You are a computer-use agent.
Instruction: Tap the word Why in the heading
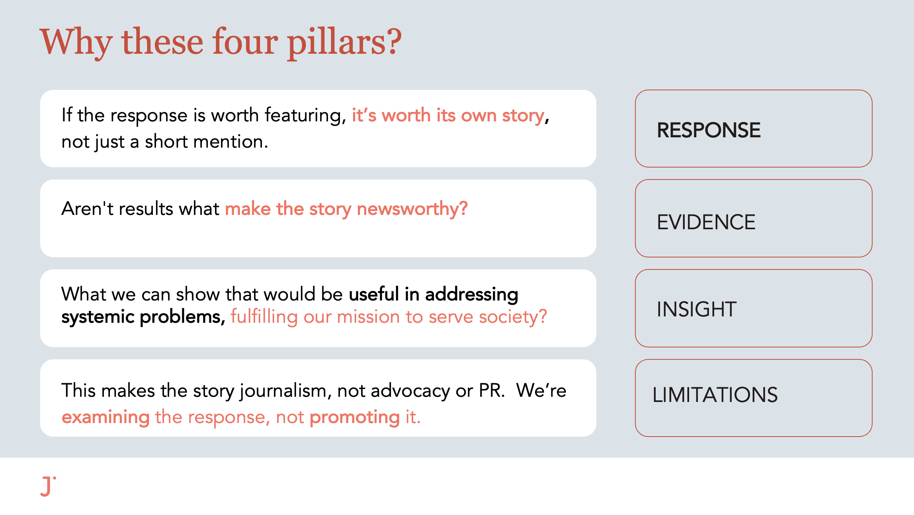pos(76,43)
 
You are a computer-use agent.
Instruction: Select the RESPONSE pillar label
pos(709,130)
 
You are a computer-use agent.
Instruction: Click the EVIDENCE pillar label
pos(706,222)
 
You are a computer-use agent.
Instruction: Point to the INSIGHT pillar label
pos(697,309)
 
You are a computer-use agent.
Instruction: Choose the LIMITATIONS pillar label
pos(715,395)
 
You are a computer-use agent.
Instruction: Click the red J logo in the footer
pos(48,486)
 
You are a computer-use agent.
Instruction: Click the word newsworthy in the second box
pos(412,209)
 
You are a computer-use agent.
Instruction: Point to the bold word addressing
pos(472,294)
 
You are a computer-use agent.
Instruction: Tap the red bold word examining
pos(106,417)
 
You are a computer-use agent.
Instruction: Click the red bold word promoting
pos(355,417)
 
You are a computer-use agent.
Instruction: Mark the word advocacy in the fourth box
pos(410,391)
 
